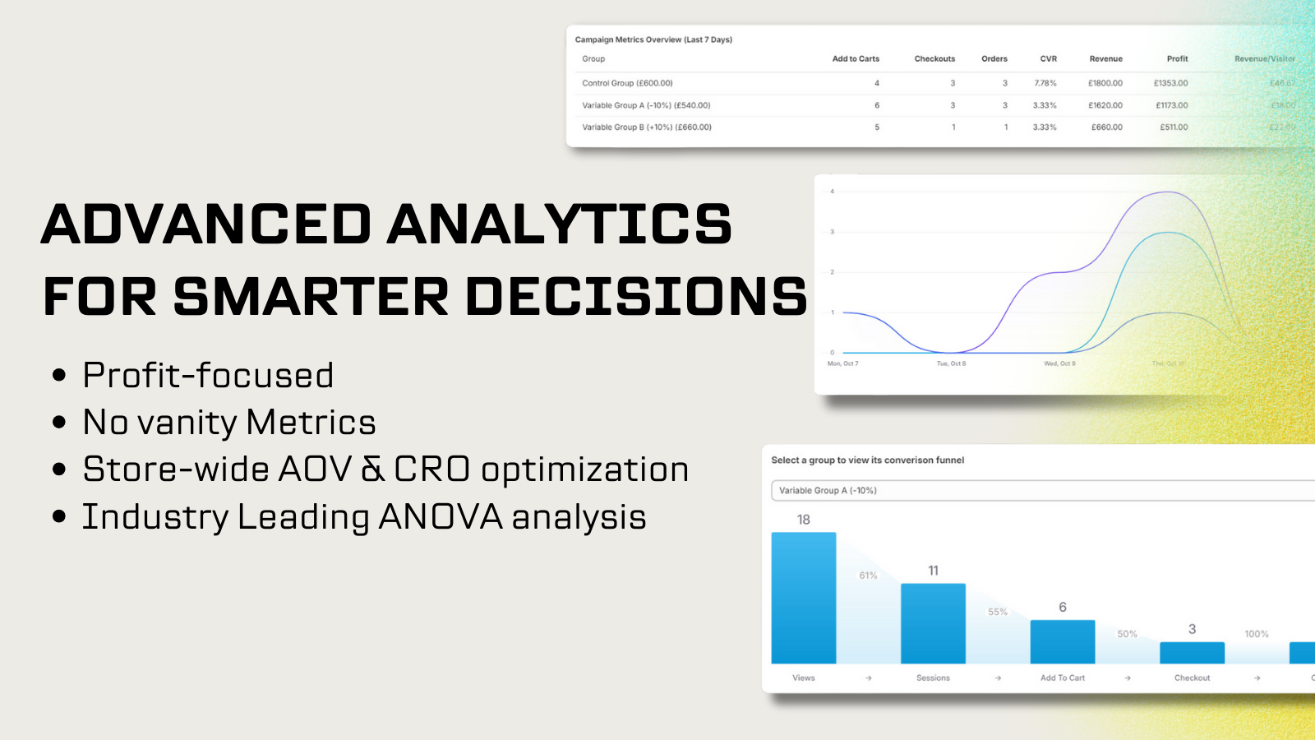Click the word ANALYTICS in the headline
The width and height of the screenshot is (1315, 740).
[x=559, y=224]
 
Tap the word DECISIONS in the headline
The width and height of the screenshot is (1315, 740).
[x=637, y=297]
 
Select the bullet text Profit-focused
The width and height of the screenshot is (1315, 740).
[x=208, y=376]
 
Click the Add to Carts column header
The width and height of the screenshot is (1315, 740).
[x=856, y=59]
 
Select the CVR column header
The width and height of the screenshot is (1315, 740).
[x=1048, y=59]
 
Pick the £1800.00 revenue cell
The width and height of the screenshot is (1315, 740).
[x=1105, y=83]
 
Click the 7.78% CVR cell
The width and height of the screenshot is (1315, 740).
[x=1045, y=83]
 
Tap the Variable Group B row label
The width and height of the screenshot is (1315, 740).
[x=646, y=127]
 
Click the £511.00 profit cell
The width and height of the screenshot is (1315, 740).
[x=1174, y=127]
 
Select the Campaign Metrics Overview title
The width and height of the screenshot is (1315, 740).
[x=653, y=39]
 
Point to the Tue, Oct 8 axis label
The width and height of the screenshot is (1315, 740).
[x=951, y=363]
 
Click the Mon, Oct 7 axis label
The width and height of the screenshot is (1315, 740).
[x=842, y=363]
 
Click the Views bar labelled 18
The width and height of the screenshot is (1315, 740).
[x=803, y=598]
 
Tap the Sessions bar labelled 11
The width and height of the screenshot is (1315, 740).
[x=933, y=623]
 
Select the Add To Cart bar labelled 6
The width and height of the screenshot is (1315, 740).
[x=1062, y=641]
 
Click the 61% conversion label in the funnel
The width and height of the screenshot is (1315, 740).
[x=868, y=576]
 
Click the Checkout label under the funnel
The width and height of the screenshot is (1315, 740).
[x=1192, y=678]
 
